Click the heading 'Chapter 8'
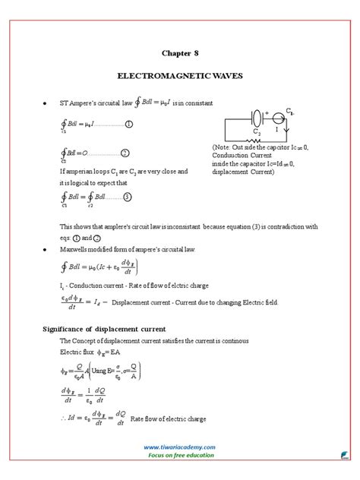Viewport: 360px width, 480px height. (180, 53)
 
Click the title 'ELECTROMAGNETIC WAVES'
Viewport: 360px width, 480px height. (180, 77)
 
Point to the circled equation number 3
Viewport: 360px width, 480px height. (128, 197)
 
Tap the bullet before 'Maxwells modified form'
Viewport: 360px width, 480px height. (47, 249)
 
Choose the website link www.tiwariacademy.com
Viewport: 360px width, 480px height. (179, 447)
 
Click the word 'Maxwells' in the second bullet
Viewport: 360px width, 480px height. (78, 249)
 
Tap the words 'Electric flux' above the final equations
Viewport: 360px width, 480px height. (77, 352)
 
